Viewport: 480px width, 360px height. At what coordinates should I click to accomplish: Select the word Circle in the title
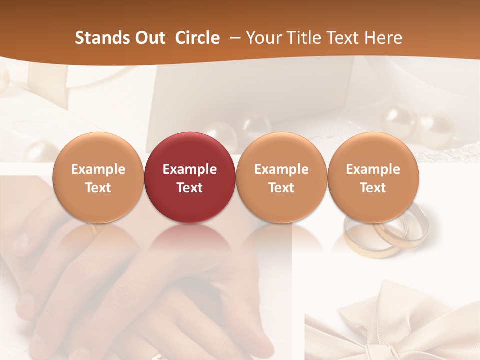[197, 38]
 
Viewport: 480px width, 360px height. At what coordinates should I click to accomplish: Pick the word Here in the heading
[384, 38]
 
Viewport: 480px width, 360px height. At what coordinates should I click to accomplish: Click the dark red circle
[190, 177]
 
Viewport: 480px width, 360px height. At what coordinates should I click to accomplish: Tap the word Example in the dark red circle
[190, 169]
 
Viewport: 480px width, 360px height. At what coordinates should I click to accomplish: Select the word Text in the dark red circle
[190, 188]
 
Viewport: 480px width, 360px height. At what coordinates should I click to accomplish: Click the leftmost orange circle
[98, 177]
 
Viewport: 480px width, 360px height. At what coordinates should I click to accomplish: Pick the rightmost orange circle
[373, 177]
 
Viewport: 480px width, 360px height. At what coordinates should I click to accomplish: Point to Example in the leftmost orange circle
[98, 169]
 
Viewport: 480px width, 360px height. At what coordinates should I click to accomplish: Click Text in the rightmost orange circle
[373, 188]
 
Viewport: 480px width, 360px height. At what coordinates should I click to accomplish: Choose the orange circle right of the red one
[281, 177]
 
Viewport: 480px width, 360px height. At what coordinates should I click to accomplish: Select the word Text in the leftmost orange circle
[98, 188]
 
